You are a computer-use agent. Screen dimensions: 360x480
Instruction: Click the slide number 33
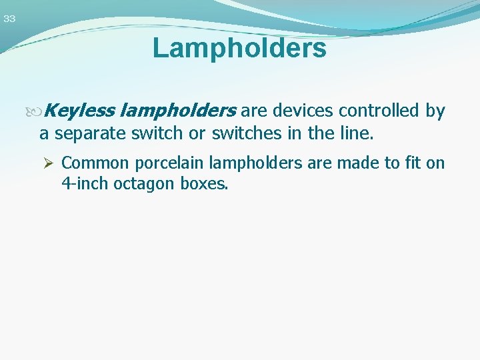[9, 19]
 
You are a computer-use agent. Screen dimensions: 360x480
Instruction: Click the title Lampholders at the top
[239, 48]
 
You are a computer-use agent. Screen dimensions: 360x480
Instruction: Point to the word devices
[303, 111]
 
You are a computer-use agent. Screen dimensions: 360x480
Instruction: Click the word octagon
[145, 183]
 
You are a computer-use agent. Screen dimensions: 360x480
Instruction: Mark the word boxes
[204, 183]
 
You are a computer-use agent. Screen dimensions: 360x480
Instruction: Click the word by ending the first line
[435, 111]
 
